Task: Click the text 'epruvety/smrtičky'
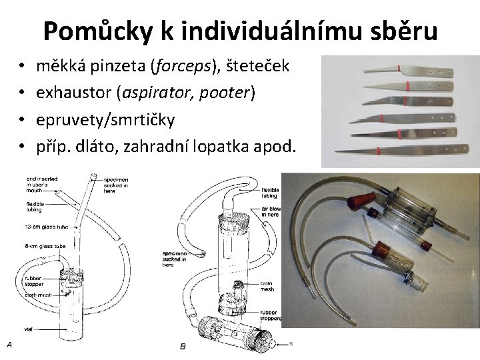(105, 119)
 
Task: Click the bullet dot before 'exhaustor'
(22, 93)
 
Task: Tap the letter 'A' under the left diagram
(9, 344)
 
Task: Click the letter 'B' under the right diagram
(183, 346)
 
